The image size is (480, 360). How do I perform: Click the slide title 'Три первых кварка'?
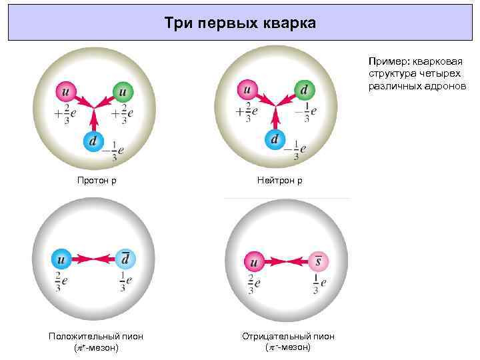tap(240, 24)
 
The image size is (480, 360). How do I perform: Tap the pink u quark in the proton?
tap(65, 90)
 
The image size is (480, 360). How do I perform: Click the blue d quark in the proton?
tap(94, 141)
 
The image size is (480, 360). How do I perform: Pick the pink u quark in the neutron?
tap(247, 89)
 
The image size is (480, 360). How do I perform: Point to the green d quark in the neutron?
tap(304, 89)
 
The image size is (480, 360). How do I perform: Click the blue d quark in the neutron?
tap(275, 139)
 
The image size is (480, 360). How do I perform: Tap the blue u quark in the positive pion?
tap(61, 259)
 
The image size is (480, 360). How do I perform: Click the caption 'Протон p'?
tap(97, 181)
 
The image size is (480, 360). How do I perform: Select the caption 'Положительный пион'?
tap(96, 337)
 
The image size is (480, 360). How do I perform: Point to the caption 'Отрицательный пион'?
tap(288, 337)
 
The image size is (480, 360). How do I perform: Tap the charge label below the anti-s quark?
tap(319, 283)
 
